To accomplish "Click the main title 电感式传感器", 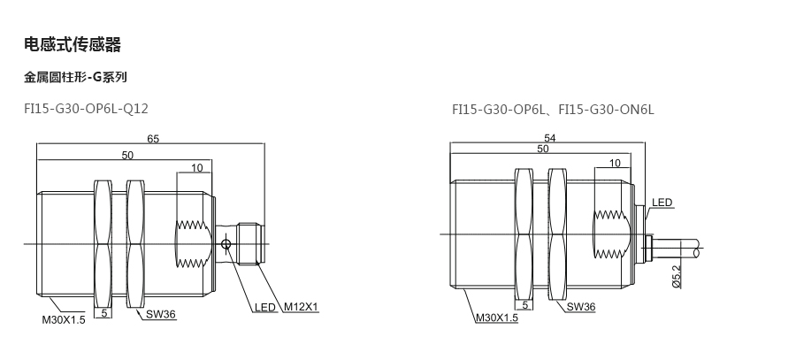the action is click(x=73, y=45).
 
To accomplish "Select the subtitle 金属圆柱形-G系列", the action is click(x=75, y=77).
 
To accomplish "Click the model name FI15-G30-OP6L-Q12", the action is click(x=87, y=109).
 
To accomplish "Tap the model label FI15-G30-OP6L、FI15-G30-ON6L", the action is click(x=554, y=109).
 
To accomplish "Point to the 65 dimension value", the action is click(x=153, y=139).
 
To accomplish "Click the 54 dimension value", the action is click(x=550, y=138).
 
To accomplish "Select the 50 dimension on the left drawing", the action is click(x=127, y=155).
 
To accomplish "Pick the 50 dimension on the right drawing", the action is click(x=543, y=149).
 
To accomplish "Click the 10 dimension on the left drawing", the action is click(x=197, y=167).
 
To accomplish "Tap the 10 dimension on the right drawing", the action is click(x=615, y=163).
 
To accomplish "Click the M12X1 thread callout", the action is click(x=301, y=307).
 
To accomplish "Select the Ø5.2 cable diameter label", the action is click(x=677, y=277).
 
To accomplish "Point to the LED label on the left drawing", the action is click(x=265, y=307).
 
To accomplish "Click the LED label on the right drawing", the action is click(x=662, y=203).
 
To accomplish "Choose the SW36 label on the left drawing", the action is click(x=161, y=314).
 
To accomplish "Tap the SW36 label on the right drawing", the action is click(x=581, y=307).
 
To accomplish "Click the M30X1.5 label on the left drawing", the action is click(x=64, y=320).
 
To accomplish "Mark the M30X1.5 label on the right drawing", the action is click(x=496, y=318).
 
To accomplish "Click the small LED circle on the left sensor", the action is click(x=226, y=245).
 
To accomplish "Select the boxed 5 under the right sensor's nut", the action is click(x=524, y=305).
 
